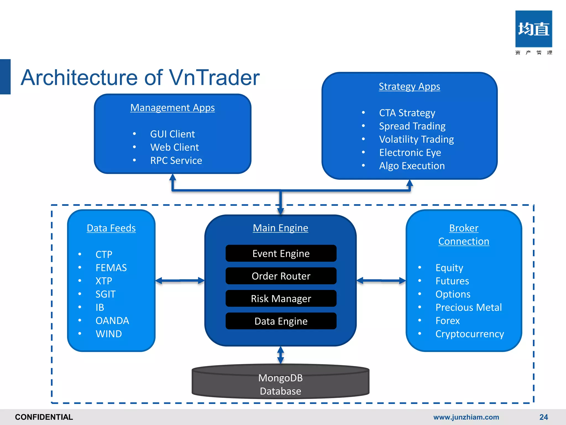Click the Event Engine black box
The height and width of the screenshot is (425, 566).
281,253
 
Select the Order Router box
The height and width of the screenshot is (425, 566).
281,276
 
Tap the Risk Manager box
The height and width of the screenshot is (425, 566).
281,299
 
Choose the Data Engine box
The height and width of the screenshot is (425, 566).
281,321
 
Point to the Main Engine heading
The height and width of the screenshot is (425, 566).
280,228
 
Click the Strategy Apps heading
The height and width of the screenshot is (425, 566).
409,87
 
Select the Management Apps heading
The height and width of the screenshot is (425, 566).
172,108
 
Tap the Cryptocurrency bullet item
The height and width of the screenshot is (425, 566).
470,334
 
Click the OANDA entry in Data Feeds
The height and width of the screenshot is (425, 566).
112,321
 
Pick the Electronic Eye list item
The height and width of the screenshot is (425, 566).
410,152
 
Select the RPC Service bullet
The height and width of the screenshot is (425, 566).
176,160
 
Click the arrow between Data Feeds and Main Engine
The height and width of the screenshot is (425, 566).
180,281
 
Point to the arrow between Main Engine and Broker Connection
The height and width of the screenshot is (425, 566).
381,281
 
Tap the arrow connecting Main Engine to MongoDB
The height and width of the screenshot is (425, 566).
281,355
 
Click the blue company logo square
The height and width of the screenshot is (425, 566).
533,29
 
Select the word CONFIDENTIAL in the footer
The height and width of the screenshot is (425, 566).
44,417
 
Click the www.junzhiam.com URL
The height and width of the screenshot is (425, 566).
466,417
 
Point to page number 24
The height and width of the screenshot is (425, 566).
543,417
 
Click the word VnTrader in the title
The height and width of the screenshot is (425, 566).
214,78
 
